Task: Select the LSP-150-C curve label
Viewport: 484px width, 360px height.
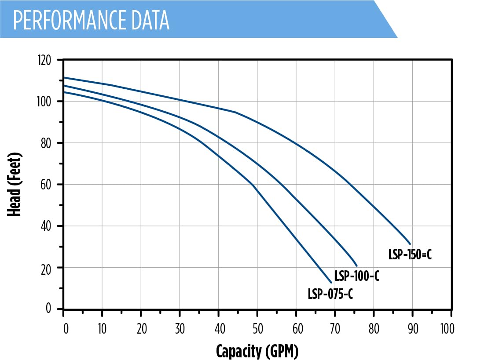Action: point(410,255)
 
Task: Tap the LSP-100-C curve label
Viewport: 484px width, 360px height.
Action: point(357,276)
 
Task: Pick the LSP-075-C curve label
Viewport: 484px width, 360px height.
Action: point(330,294)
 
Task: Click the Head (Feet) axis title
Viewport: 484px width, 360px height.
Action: point(15,184)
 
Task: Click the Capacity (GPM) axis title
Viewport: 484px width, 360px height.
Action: point(257,351)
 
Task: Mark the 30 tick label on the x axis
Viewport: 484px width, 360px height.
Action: point(180,328)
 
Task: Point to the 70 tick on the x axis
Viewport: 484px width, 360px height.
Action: point(335,328)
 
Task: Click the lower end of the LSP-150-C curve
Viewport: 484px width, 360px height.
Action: point(410,244)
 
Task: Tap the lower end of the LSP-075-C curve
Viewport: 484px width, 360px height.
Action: point(331,283)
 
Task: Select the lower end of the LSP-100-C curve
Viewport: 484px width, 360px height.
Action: point(357,265)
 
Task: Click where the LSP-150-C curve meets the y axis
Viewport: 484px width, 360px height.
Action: point(64,77)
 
